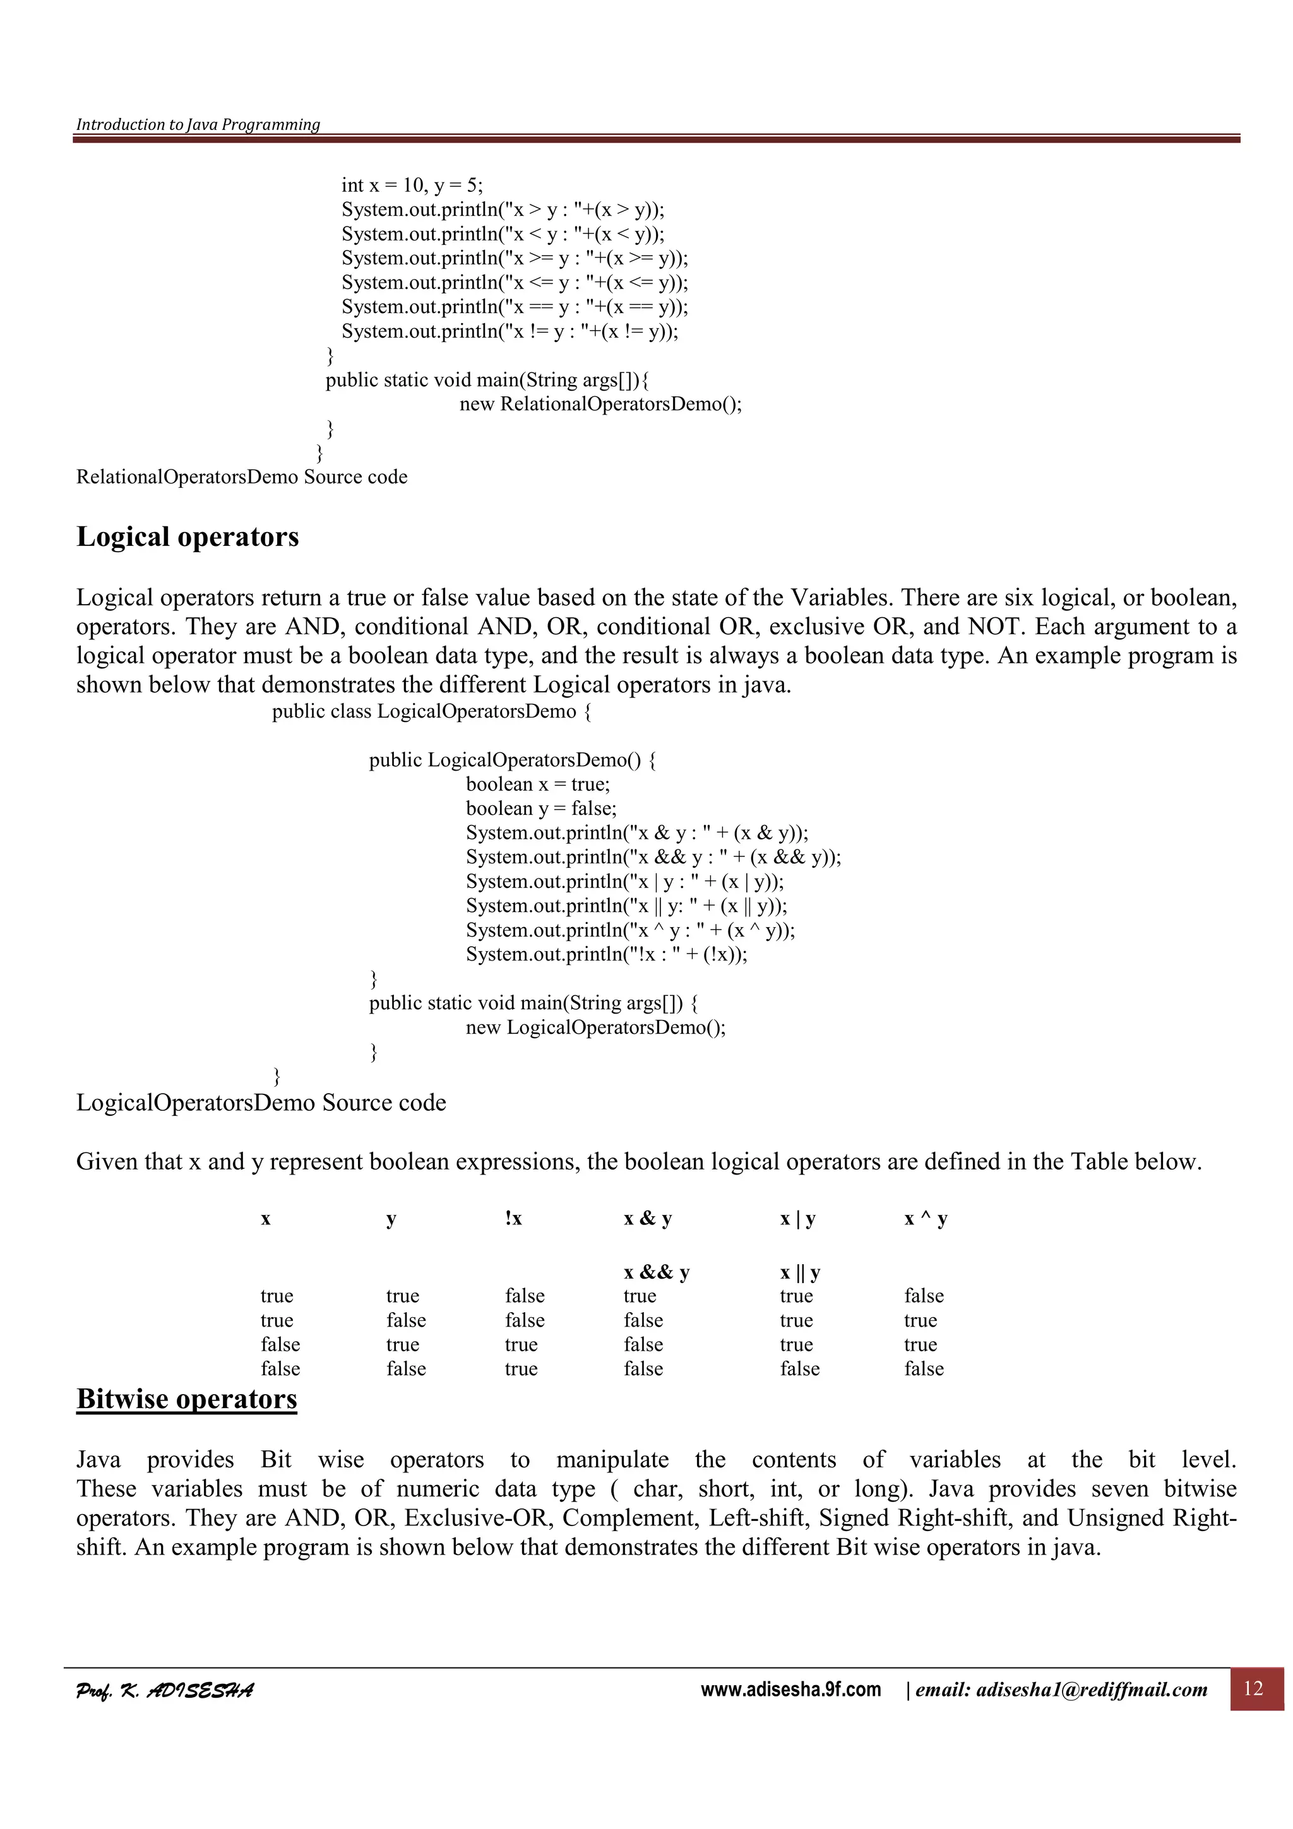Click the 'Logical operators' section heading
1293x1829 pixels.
coord(188,537)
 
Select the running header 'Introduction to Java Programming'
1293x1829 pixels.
coord(198,124)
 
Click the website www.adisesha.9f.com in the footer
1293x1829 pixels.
coord(790,1690)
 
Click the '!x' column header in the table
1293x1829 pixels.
coord(513,1218)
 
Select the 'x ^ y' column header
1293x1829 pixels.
coord(925,1218)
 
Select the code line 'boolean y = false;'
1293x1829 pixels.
coord(541,808)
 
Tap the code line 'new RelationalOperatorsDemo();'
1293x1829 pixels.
coord(600,404)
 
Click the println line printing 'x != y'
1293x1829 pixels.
coord(510,331)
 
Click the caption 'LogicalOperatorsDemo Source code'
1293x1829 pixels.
coord(261,1103)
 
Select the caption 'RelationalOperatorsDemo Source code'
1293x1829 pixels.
coord(241,477)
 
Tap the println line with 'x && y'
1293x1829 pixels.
coord(653,857)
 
